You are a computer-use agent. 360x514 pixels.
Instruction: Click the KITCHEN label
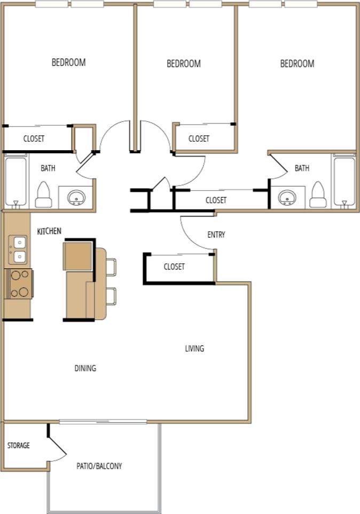49,231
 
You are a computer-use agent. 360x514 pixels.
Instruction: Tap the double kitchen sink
18,249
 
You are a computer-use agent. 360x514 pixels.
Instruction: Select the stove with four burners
19,283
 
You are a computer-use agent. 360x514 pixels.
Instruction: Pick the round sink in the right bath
287,198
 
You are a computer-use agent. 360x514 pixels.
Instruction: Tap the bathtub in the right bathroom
343,181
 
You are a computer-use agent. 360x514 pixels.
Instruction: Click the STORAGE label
18,446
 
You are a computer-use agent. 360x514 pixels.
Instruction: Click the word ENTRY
216,235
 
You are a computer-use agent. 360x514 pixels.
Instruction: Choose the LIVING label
194,349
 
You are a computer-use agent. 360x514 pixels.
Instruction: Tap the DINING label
85,368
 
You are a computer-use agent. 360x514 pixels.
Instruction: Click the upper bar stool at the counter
111,267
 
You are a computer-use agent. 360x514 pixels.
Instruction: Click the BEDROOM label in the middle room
184,64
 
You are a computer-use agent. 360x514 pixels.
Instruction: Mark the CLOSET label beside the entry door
174,267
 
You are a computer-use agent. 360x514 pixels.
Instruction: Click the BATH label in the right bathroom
302,168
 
